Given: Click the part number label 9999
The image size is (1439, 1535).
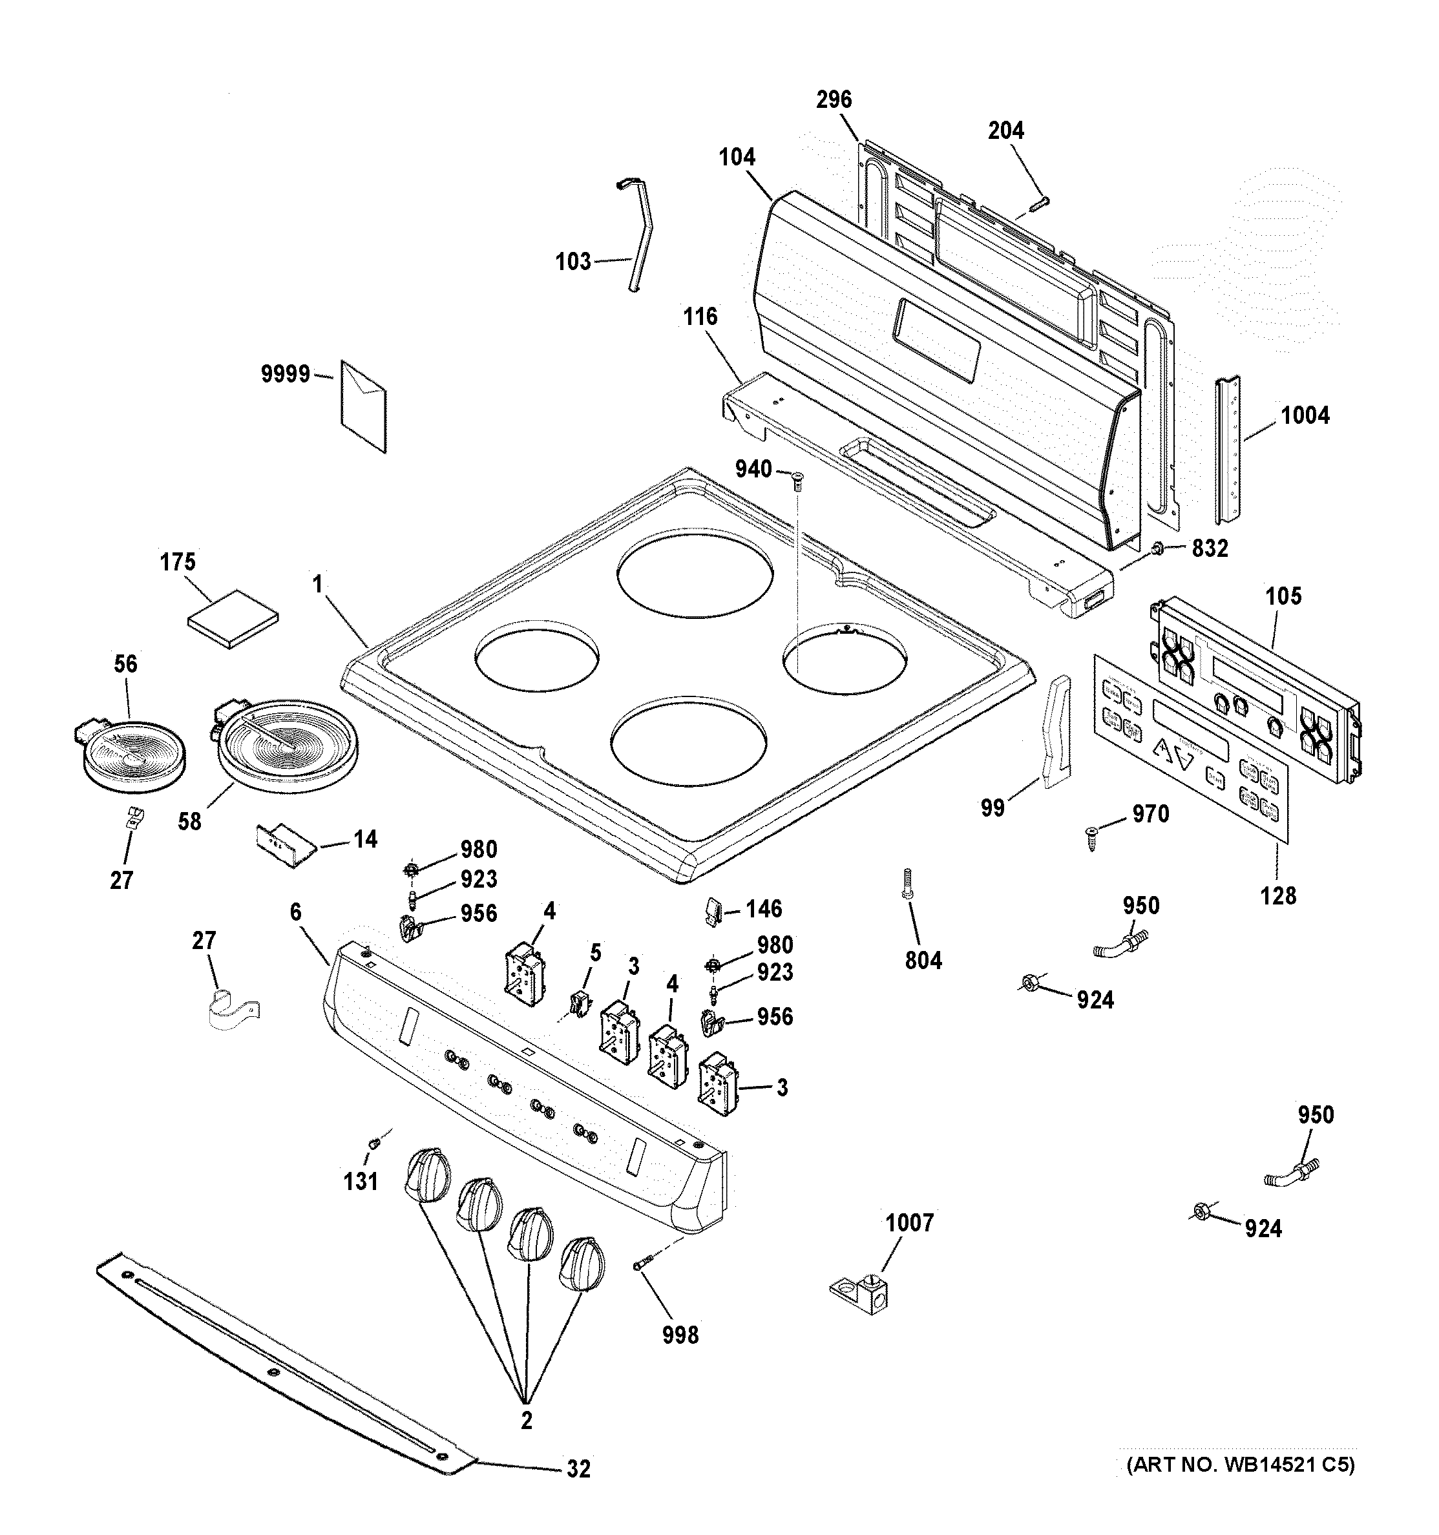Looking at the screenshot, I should (285, 375).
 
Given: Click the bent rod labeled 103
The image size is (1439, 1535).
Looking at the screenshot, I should (638, 236).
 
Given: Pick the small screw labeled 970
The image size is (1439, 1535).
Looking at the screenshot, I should (1090, 836).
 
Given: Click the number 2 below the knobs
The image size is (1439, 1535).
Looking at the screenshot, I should (526, 1421).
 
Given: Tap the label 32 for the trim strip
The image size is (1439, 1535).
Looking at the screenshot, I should (578, 1468).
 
